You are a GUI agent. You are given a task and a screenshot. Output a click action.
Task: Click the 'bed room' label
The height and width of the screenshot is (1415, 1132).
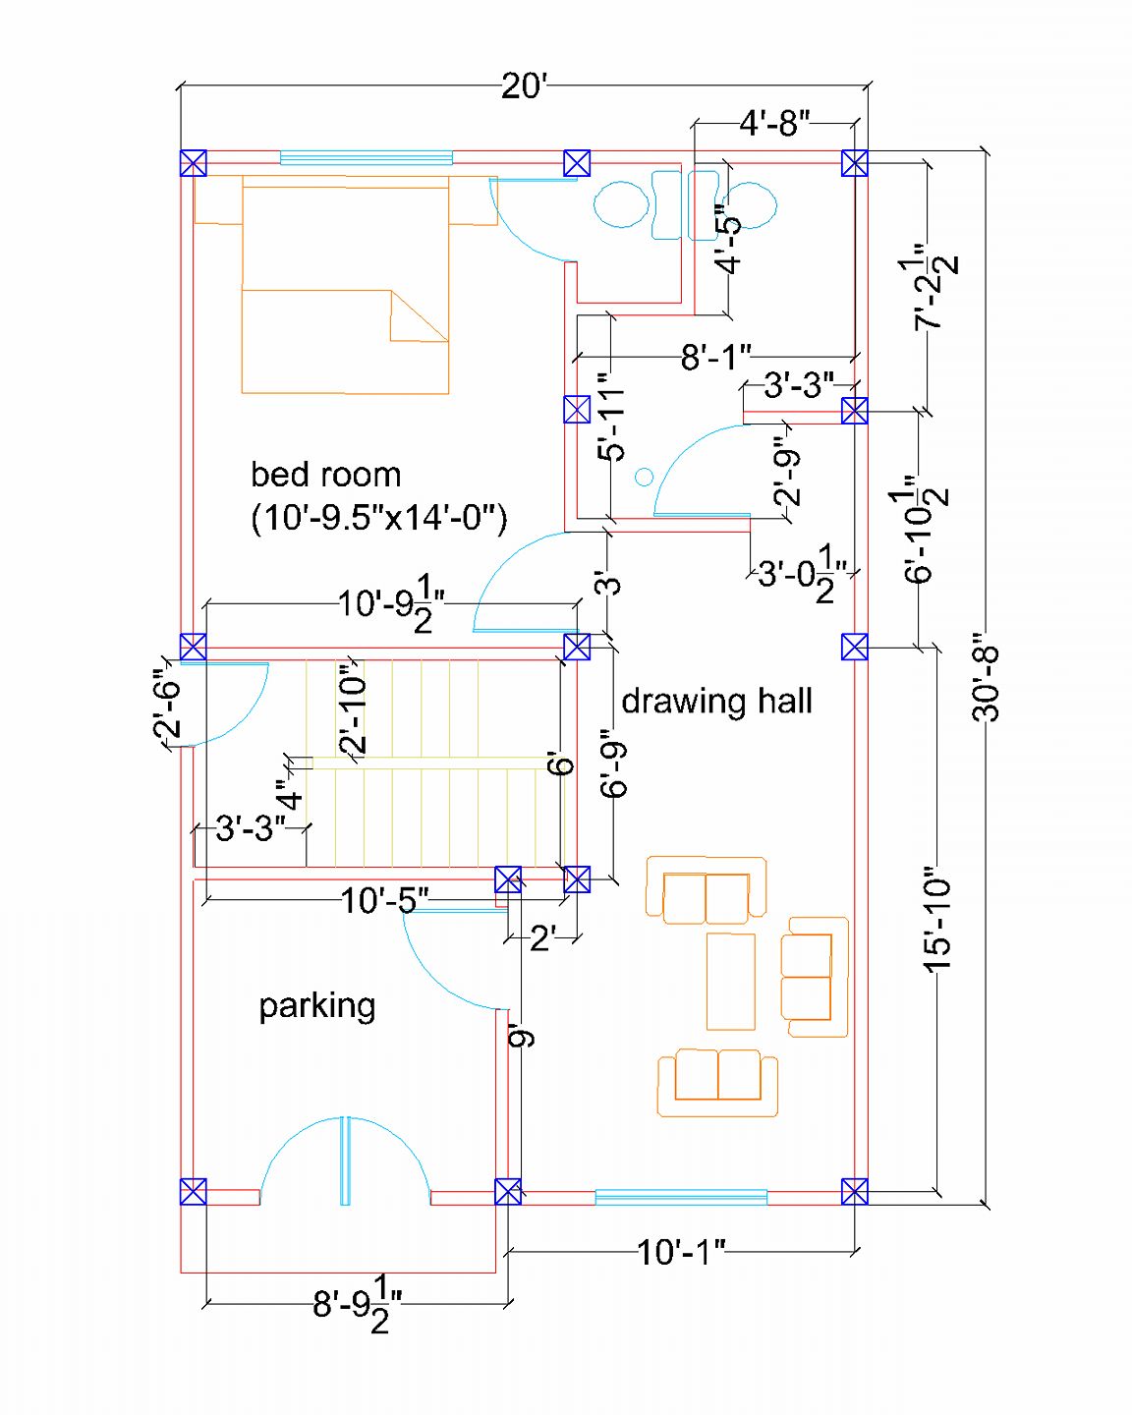325,475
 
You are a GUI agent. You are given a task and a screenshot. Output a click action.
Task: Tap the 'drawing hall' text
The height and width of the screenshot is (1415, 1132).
716,701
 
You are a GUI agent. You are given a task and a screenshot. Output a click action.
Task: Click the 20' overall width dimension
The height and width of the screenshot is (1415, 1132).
524,86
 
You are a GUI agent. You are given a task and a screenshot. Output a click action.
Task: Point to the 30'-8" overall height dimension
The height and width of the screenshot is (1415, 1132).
985,685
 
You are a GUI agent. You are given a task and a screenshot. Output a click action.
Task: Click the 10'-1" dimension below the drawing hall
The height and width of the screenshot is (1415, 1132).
681,1252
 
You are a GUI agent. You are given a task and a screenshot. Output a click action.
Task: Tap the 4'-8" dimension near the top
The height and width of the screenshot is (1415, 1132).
775,123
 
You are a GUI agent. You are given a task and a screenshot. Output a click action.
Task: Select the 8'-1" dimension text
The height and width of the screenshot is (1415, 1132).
715,358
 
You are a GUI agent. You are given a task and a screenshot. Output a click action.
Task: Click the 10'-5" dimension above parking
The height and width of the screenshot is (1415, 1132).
385,900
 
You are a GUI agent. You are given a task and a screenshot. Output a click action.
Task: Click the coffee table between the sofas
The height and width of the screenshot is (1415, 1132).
731,982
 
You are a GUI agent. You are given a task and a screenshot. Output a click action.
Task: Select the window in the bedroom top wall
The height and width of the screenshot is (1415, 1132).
367,158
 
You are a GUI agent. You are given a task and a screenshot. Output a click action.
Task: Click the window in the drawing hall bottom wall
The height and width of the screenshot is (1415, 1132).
681,1198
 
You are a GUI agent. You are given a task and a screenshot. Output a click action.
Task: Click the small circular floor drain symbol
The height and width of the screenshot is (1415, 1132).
644,477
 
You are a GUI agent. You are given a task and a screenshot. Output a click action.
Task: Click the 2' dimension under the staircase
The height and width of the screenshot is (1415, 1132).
543,939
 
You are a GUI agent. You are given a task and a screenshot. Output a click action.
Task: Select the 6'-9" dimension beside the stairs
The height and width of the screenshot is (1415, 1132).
614,763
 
